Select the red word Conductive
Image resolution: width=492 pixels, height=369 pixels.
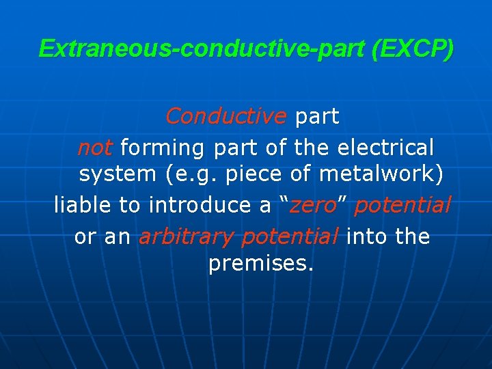click(226, 117)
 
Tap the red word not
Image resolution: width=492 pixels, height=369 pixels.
click(95, 148)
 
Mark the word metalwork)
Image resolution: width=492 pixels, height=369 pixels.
click(381, 174)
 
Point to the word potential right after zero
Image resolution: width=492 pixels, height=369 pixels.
click(402, 205)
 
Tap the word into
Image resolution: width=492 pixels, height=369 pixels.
click(368, 237)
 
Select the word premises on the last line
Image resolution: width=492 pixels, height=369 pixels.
click(260, 264)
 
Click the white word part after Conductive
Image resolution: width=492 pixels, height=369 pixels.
click(316, 117)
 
